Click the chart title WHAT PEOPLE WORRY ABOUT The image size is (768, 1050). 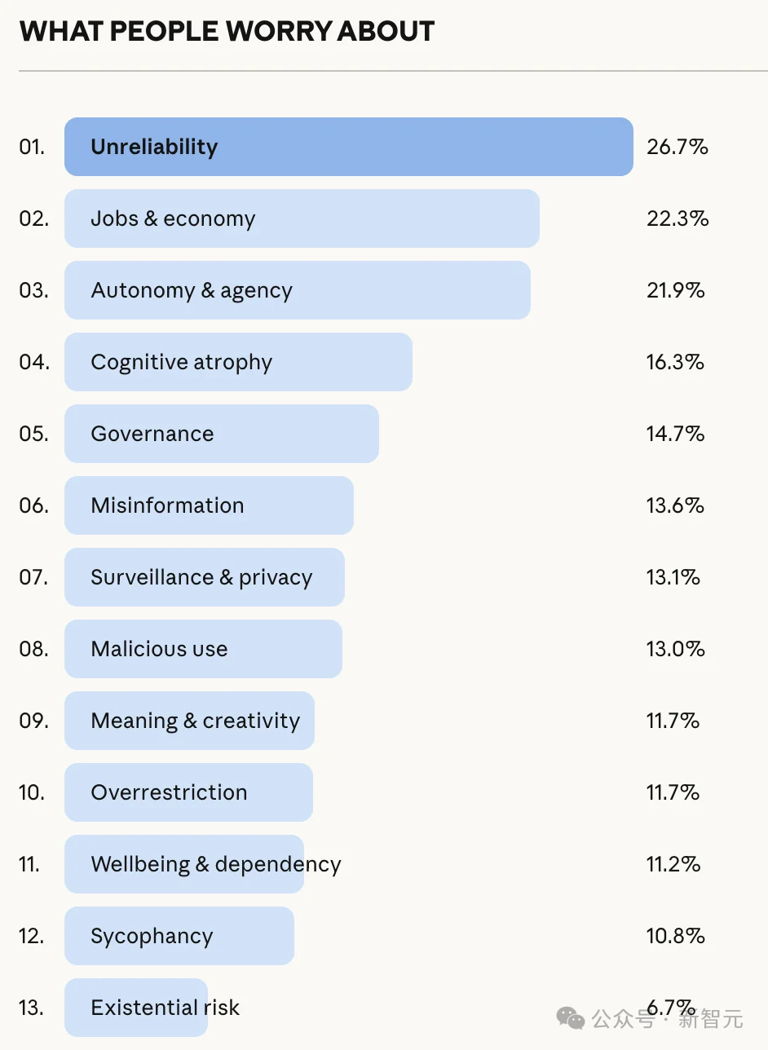pyautogui.click(x=227, y=31)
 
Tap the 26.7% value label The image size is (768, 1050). pyautogui.click(x=677, y=147)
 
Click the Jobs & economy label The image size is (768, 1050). pyautogui.click(x=173, y=218)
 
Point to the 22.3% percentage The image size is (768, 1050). pyautogui.click(x=677, y=218)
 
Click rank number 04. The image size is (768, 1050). pyautogui.click(x=33, y=362)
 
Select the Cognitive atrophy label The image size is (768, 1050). pyautogui.click(x=181, y=362)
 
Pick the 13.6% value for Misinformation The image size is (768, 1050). pyautogui.click(x=675, y=505)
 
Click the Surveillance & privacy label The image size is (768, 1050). pyautogui.click(x=201, y=577)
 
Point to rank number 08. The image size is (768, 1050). pyautogui.click(x=33, y=649)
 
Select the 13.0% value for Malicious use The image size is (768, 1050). pyautogui.click(x=675, y=649)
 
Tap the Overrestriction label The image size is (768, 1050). pyautogui.click(x=169, y=792)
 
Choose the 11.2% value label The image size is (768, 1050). pyautogui.click(x=673, y=864)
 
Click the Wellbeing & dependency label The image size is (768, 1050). pyautogui.click(x=216, y=864)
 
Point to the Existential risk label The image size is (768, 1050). pyautogui.click(x=166, y=1008)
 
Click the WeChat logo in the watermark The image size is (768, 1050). pyautogui.click(x=571, y=1017)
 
